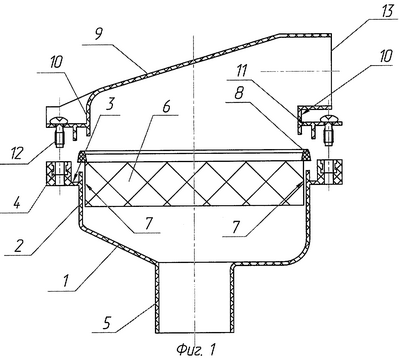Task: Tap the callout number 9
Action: click(x=99, y=35)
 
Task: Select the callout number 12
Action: click(x=17, y=154)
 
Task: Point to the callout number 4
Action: click(x=16, y=201)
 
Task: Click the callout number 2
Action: click(x=18, y=246)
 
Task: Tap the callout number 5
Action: click(x=106, y=322)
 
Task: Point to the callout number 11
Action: click(x=241, y=70)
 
